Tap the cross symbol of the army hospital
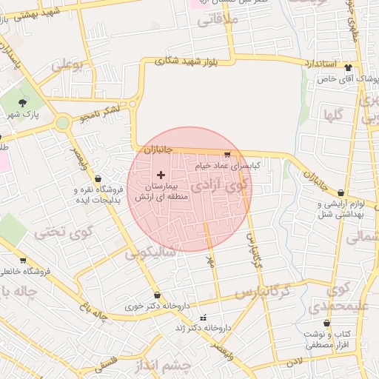pyautogui.click(x=161, y=174)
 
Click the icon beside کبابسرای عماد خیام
pyautogui.click(x=226, y=155)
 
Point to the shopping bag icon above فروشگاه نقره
pyautogui.click(x=98, y=178)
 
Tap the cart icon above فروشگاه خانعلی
pyautogui.click(x=22, y=261)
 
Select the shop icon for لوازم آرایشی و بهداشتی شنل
pyautogui.click(x=340, y=192)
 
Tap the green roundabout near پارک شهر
pyautogui.click(x=62, y=122)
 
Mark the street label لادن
pyautogui.click(x=295, y=360)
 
